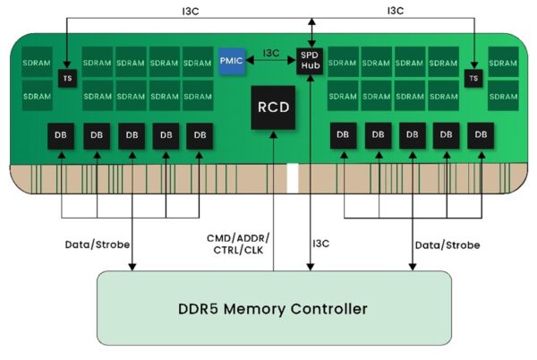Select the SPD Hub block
(x=311, y=61)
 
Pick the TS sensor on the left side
(x=66, y=79)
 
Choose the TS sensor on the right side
(x=473, y=79)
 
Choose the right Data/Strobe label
(x=447, y=244)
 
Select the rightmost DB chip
(x=482, y=136)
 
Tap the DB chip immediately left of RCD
(x=200, y=136)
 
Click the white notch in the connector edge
(x=292, y=179)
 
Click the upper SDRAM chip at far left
(x=37, y=64)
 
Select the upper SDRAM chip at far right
(x=503, y=64)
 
